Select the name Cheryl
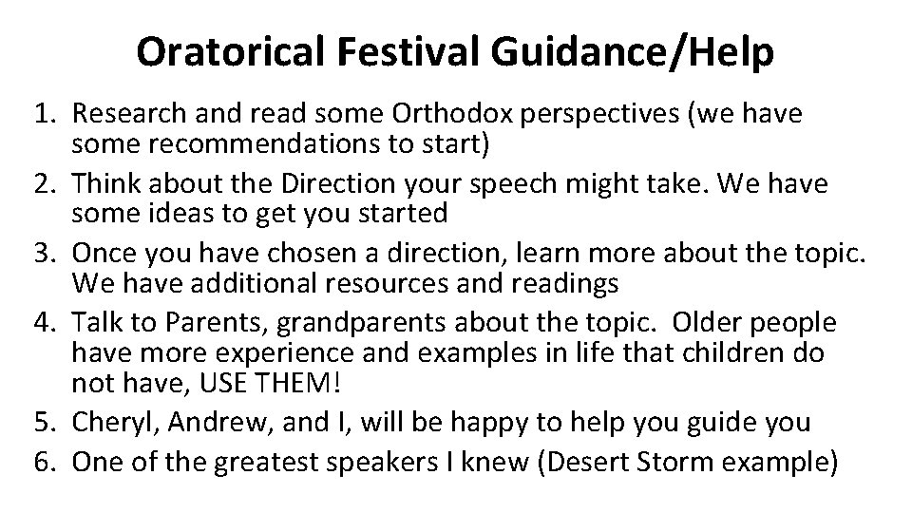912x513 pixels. pos(108,421)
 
